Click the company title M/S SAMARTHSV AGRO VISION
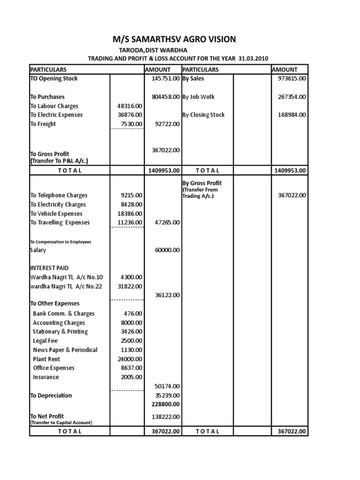pos(180,39)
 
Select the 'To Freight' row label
pos(43,124)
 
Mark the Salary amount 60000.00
pos(167,250)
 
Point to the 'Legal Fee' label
pos(45,341)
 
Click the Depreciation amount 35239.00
pos(167,396)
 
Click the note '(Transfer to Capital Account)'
pos(61,422)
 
